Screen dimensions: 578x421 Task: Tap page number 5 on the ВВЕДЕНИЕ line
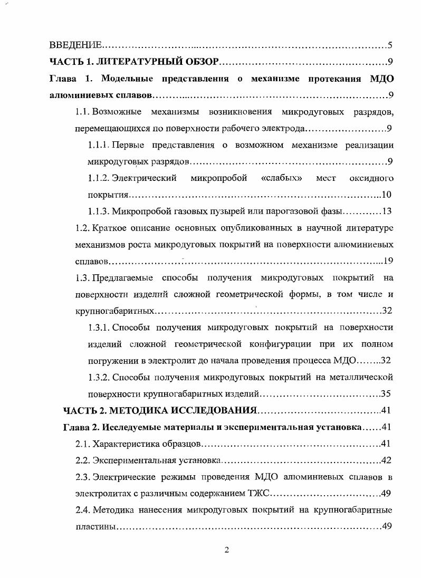(x=389, y=45)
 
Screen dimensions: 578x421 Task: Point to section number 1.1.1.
(x=99, y=144)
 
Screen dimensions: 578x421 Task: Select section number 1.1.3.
(x=99, y=211)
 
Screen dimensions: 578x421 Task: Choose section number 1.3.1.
(x=99, y=327)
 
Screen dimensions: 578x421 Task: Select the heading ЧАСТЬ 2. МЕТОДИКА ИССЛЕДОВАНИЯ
(x=159, y=410)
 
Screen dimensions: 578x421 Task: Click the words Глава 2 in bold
(x=81, y=427)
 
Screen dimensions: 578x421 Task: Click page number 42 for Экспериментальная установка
(x=386, y=460)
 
